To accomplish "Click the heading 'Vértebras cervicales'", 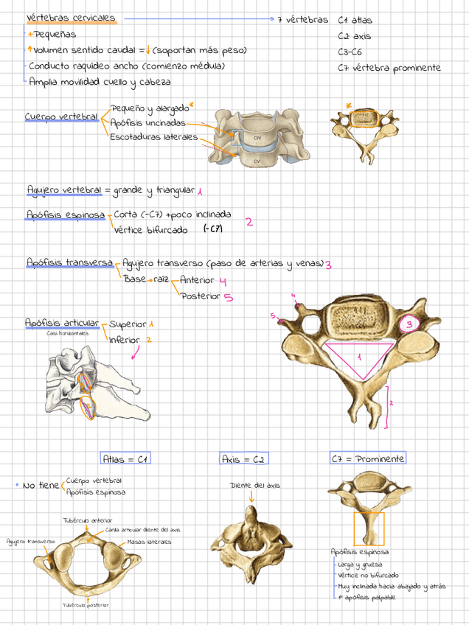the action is [71, 18].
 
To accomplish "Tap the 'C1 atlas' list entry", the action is [355, 21].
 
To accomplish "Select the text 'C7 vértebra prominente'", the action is [389, 68].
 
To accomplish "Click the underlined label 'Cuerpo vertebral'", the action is [61, 116].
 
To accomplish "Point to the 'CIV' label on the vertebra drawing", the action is [257, 137].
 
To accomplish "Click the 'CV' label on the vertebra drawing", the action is [257, 160].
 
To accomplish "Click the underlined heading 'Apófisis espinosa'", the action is [65, 215].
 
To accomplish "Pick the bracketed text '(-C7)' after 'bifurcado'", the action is [213, 229].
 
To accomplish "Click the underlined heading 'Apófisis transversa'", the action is [69, 262].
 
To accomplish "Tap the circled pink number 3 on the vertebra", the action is [409, 324].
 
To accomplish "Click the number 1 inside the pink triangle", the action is [359, 357].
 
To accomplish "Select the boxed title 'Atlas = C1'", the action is [125, 459].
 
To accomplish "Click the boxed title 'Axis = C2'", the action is [243, 459].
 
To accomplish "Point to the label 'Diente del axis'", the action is [254, 486].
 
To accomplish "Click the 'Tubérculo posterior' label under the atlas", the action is [86, 605].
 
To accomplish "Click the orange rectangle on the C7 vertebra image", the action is [368, 529].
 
